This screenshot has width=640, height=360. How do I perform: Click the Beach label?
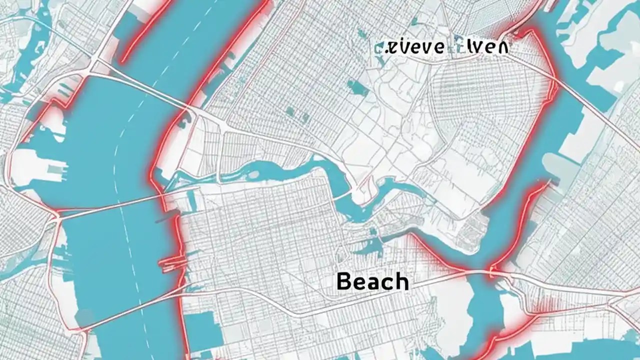372,281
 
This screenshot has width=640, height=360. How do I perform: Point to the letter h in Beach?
401,281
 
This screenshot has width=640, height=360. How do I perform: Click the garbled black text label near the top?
441,47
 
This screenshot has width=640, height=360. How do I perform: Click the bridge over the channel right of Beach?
492,272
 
